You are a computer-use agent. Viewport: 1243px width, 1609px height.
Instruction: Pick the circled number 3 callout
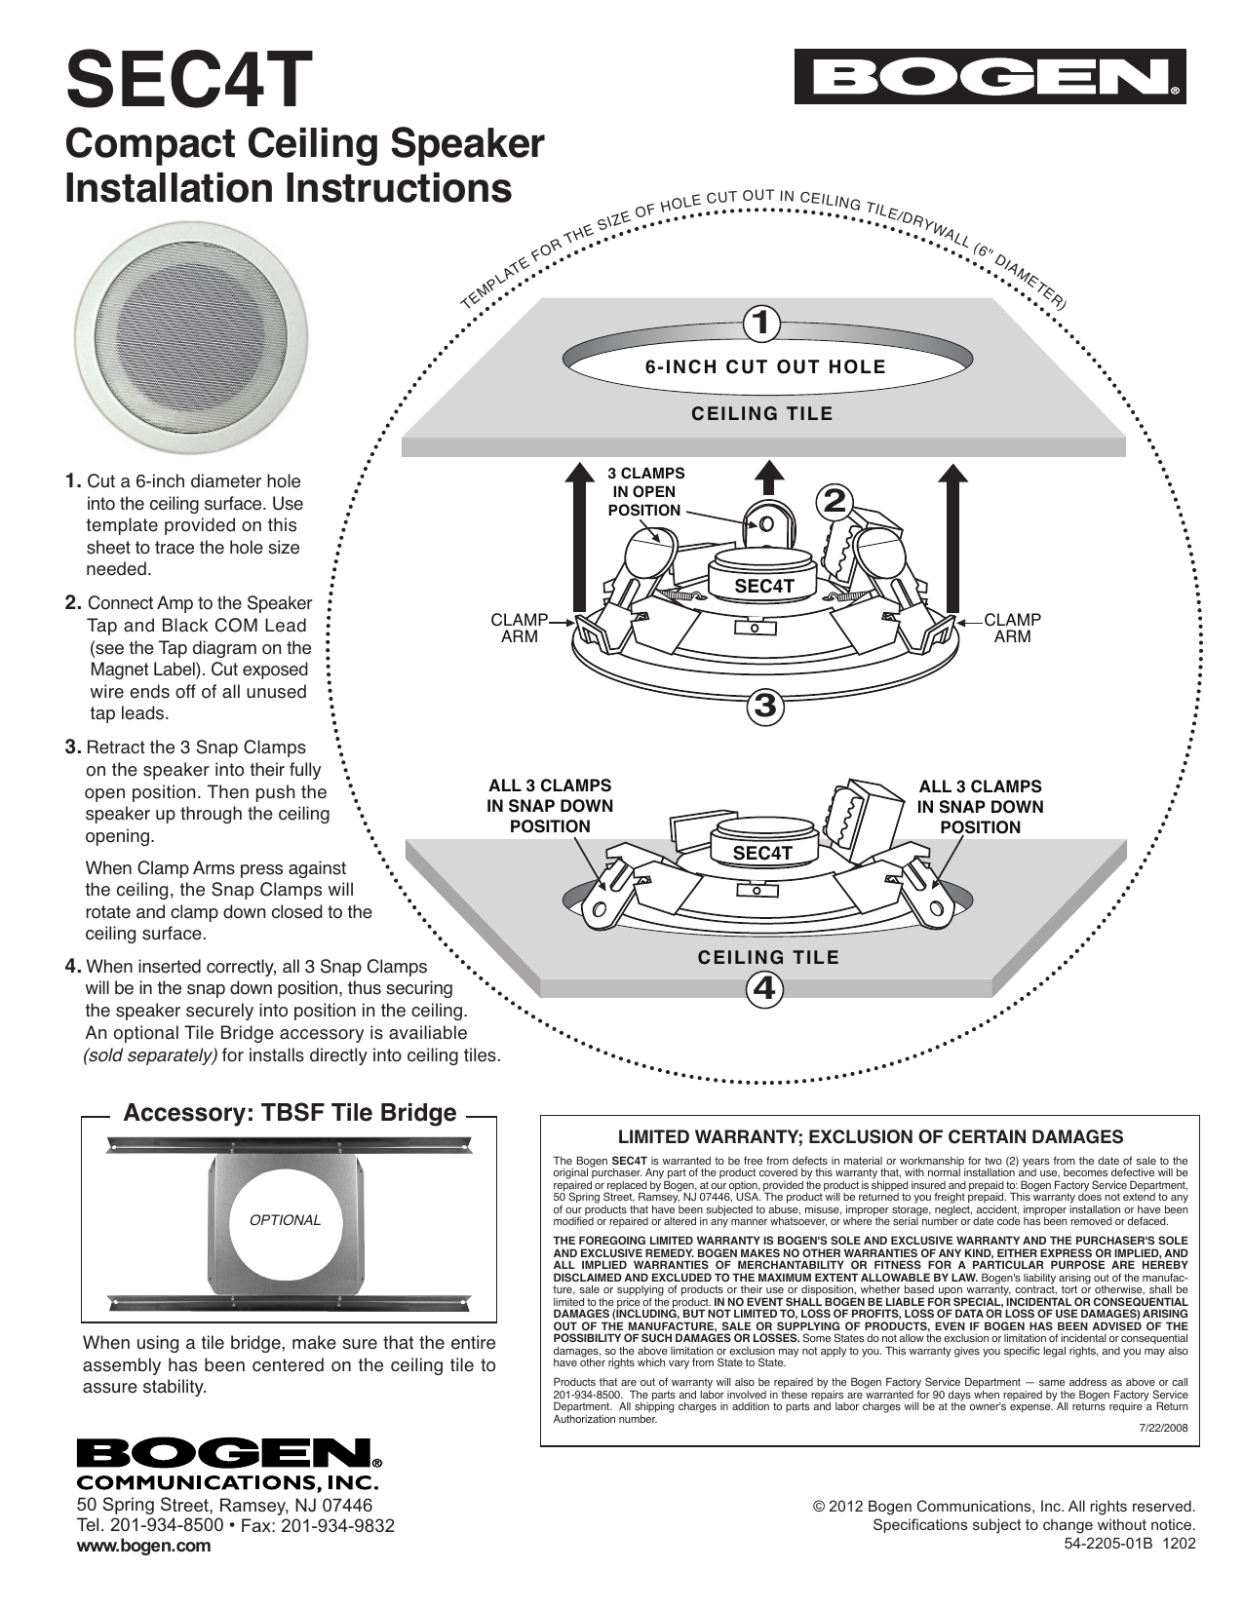(x=765, y=705)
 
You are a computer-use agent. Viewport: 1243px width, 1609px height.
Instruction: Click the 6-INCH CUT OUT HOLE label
(x=765, y=367)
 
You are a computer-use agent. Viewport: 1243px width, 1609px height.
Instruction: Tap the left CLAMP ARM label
(x=519, y=629)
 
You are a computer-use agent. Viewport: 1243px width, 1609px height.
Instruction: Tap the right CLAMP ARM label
(x=1012, y=629)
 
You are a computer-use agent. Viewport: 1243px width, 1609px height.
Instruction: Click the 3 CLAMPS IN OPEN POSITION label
(x=644, y=491)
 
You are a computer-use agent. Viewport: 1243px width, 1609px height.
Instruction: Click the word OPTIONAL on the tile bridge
(x=286, y=1220)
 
